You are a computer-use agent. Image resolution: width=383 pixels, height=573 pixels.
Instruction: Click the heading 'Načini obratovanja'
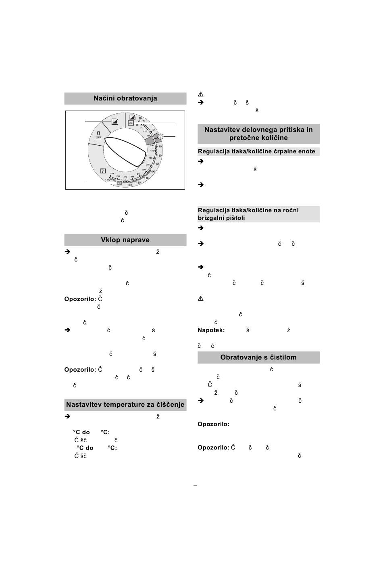[x=125, y=98]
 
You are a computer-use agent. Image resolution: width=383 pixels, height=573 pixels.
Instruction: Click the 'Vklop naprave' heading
[x=125, y=240]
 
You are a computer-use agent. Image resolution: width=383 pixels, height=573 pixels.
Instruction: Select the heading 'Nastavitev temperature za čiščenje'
[x=125, y=405]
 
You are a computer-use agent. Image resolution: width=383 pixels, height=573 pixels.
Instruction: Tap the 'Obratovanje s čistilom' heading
[x=258, y=358]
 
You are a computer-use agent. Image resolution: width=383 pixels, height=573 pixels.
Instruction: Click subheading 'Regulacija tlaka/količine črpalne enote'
[x=256, y=152]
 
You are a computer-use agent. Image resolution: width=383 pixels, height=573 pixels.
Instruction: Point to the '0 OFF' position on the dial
[x=98, y=135]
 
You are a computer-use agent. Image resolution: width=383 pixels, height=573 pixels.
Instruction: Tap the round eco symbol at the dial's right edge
[x=160, y=137]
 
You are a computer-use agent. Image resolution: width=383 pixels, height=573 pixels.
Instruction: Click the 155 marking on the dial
[x=107, y=180]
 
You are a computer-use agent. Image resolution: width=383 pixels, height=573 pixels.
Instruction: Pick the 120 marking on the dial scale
[x=138, y=183]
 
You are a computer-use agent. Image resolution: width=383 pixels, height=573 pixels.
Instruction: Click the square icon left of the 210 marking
[x=102, y=171]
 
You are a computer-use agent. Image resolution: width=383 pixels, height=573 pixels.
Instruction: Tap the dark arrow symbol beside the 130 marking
[x=119, y=183]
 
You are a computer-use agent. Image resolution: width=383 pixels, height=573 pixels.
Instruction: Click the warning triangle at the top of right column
[x=201, y=94]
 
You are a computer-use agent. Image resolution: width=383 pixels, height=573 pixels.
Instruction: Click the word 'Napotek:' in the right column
[x=211, y=330]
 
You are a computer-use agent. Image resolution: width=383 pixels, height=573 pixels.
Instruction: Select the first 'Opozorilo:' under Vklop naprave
[x=80, y=299]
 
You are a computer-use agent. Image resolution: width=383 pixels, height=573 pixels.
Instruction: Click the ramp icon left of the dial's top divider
[x=115, y=121]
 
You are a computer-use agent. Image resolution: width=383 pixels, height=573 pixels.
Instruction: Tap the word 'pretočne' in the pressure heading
[x=244, y=138]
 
